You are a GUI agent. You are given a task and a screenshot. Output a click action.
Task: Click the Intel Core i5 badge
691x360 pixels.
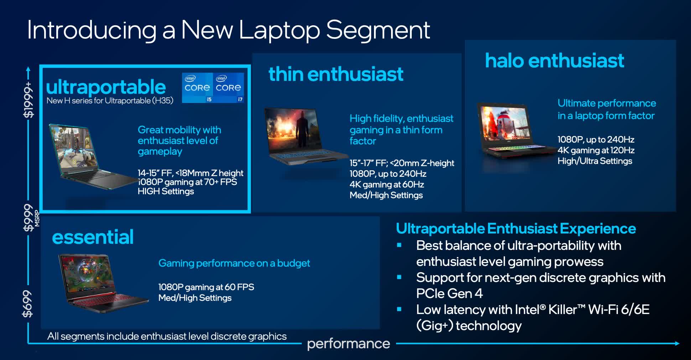click(x=197, y=88)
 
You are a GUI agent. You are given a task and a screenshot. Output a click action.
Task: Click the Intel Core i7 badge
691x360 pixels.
click(x=229, y=88)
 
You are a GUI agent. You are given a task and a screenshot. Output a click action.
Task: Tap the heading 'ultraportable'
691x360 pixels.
click(x=106, y=87)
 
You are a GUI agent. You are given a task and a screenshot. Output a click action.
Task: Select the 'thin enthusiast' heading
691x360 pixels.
click(x=336, y=74)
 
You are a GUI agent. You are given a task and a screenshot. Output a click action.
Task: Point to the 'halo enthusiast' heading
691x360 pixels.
click(x=555, y=60)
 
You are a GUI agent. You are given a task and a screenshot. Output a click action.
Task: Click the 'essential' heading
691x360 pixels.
click(x=93, y=237)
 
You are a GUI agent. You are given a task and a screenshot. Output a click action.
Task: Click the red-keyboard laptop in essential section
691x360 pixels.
click(x=103, y=284)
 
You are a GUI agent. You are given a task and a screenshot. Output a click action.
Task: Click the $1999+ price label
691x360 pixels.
click(x=28, y=100)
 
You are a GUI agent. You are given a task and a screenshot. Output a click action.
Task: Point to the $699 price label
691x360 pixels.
click(x=27, y=303)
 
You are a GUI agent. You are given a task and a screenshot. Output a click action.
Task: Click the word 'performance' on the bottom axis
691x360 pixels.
click(x=348, y=344)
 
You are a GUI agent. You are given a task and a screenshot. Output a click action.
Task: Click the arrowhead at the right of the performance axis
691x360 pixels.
click(x=677, y=343)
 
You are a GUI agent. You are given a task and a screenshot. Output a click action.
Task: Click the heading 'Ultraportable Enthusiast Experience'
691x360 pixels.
click(x=516, y=228)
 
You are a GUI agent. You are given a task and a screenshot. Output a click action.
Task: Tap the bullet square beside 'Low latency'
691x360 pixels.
click(x=399, y=309)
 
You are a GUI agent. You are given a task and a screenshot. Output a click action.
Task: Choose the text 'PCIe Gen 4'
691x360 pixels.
click(x=450, y=293)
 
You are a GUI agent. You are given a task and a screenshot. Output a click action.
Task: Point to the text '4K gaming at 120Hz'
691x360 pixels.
click(x=596, y=150)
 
